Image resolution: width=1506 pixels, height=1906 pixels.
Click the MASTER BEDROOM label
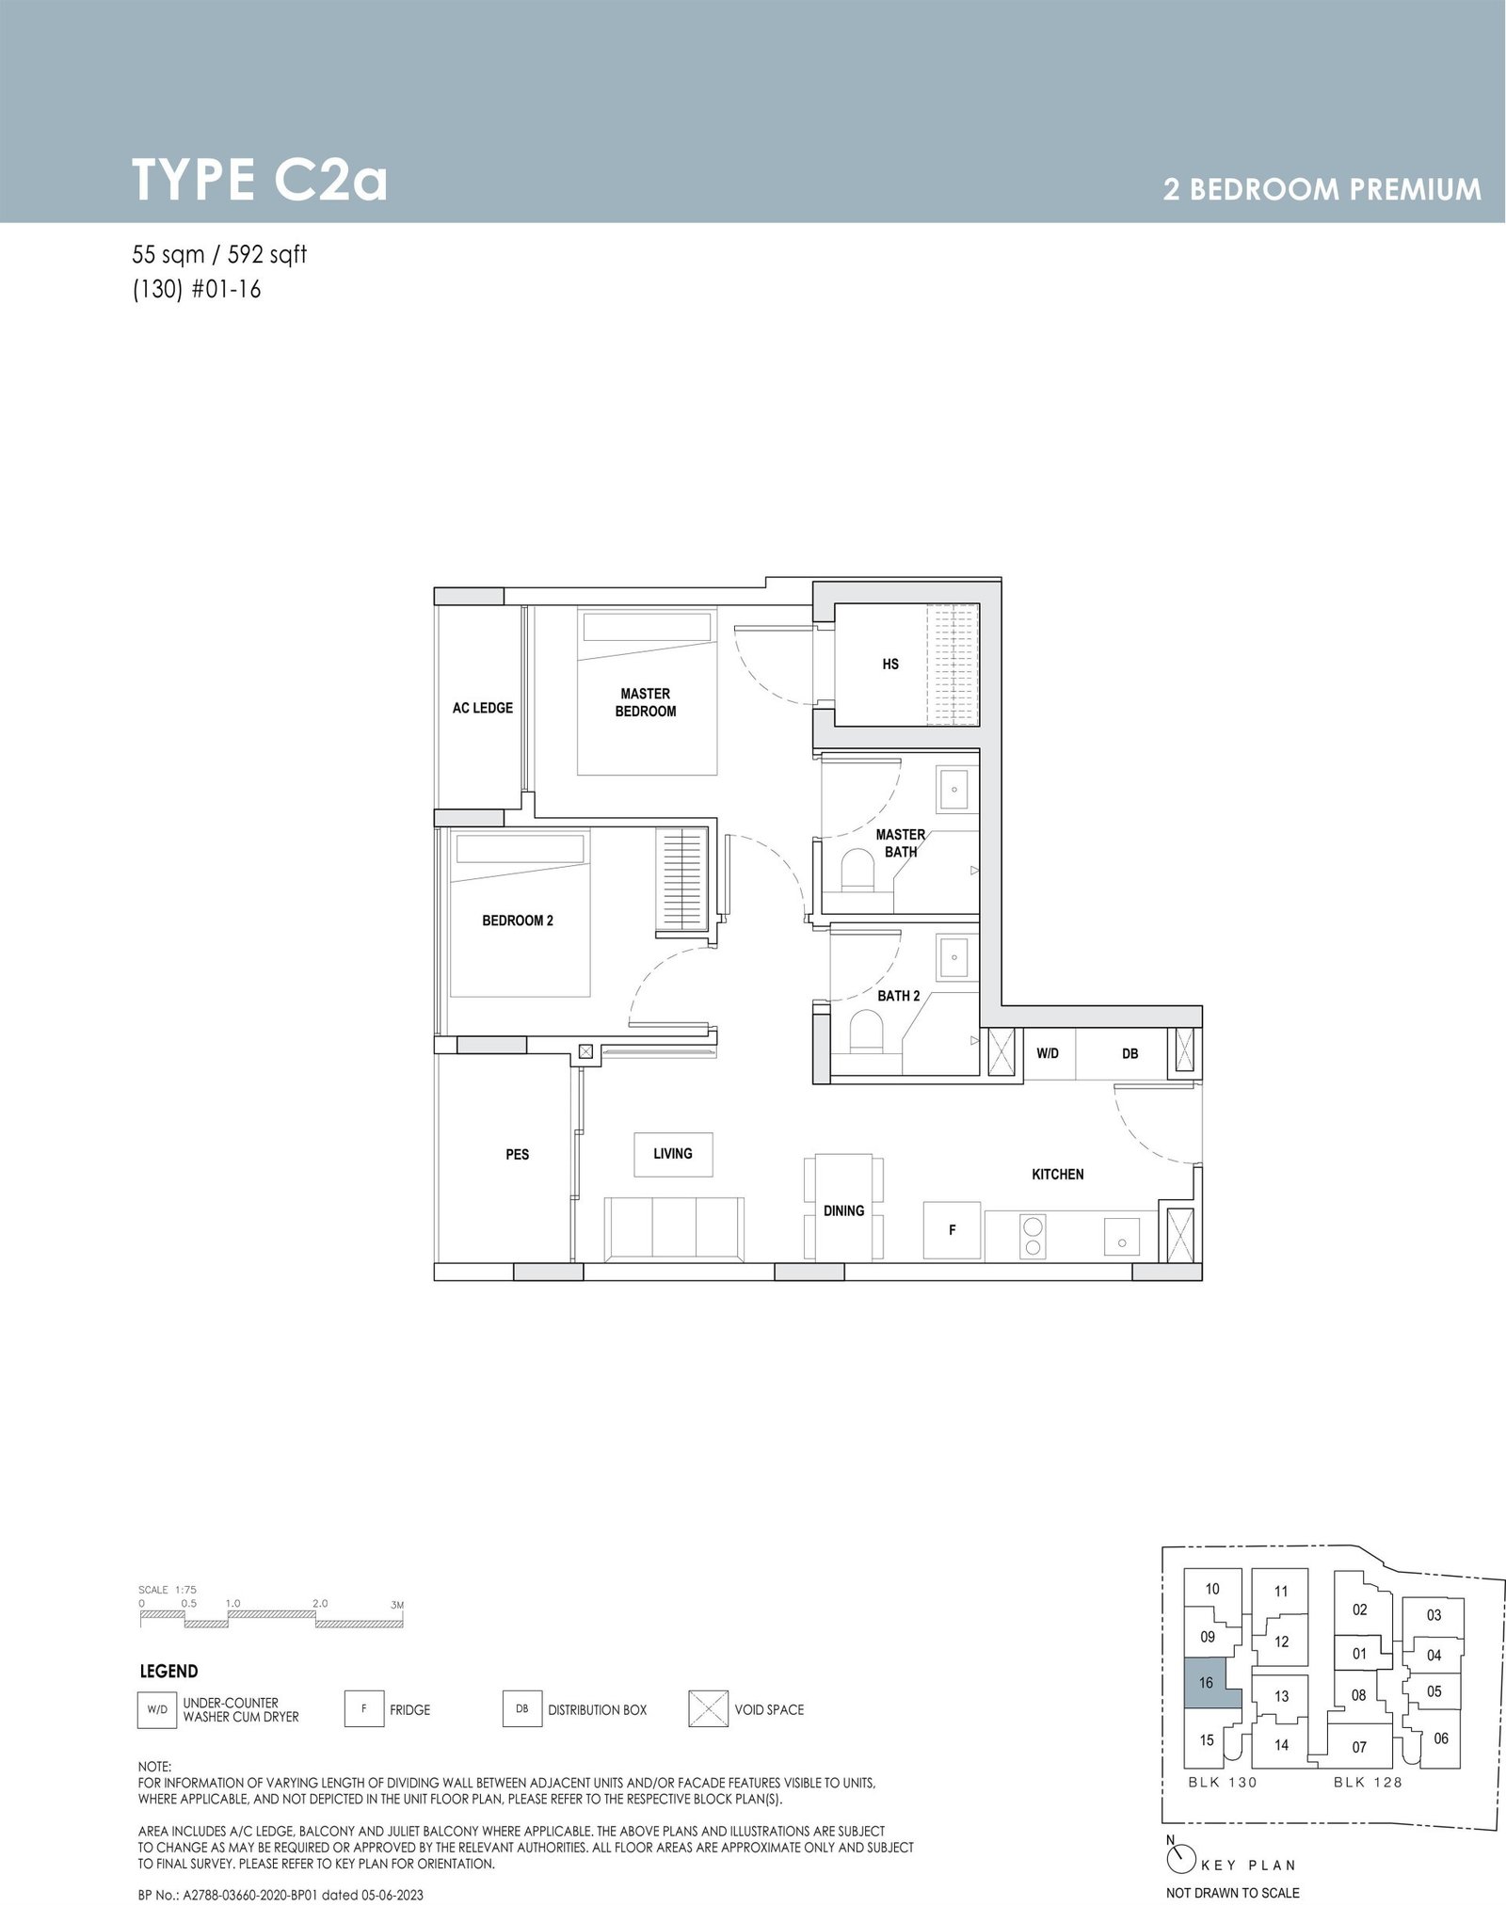click(646, 702)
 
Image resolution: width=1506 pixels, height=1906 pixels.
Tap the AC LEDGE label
click(483, 708)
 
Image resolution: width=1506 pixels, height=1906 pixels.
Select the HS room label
click(890, 665)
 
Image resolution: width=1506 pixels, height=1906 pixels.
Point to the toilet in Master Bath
click(857, 870)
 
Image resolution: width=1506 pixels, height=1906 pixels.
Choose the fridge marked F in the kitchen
click(953, 1229)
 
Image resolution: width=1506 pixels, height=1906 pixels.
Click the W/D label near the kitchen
click(1048, 1053)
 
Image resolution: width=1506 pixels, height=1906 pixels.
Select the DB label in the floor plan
click(1130, 1053)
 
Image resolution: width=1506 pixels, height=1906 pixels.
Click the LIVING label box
click(673, 1153)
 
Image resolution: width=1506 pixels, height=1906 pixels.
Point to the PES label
click(518, 1154)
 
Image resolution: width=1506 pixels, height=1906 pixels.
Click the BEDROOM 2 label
click(518, 921)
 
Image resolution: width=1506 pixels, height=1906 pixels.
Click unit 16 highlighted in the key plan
click(1207, 1684)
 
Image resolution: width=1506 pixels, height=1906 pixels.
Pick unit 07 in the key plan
click(1359, 1748)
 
